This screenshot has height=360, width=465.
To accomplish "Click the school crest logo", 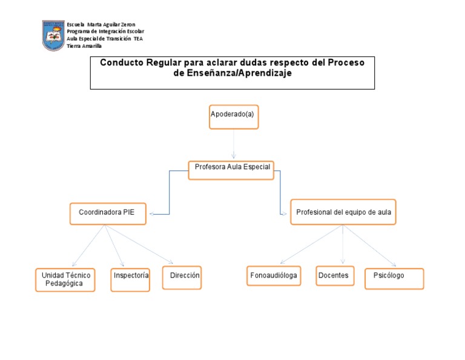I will (53, 36).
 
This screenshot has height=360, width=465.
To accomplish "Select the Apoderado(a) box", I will (234, 116).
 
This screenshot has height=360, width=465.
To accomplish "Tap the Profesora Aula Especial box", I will (231, 170).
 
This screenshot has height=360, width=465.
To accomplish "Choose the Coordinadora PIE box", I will (108, 213).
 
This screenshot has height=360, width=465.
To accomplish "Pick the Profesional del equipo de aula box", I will (343, 212).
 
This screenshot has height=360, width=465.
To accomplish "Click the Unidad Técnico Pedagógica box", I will (65, 280).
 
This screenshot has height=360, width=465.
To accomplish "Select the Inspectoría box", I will (130, 279).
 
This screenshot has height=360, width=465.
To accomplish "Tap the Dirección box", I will (182, 278).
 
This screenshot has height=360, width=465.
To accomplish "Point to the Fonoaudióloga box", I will (274, 276).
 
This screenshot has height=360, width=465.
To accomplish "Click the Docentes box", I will (335, 276).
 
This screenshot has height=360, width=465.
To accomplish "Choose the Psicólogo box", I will (394, 278).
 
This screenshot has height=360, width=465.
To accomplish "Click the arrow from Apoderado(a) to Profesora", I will (234, 145).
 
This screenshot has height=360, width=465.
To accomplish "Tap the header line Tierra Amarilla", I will (84, 46).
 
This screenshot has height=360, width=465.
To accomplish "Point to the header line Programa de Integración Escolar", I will (105, 32).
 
